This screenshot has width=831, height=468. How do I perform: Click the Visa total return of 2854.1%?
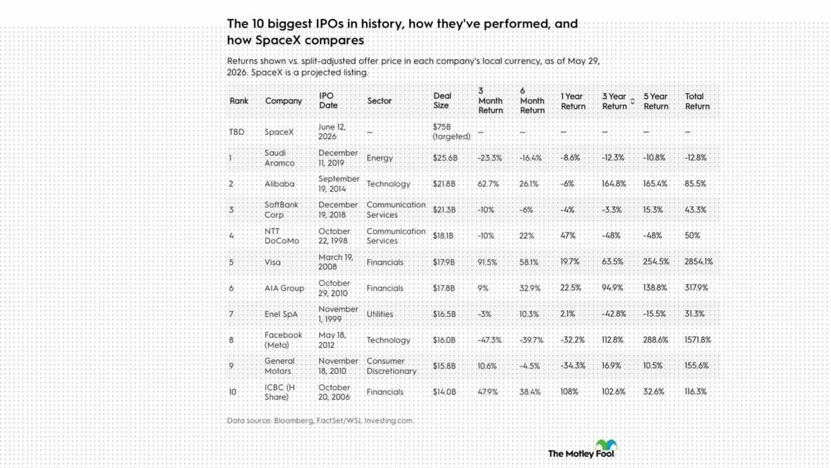[698, 262]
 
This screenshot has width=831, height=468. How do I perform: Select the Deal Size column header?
[442, 101]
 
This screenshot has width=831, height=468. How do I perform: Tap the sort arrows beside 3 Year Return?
[633, 101]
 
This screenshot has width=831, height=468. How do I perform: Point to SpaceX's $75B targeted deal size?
[451, 132]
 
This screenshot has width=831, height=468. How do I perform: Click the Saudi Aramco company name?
[280, 158]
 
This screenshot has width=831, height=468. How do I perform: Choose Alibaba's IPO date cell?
[339, 184]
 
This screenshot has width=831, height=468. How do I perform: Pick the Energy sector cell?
[380, 158]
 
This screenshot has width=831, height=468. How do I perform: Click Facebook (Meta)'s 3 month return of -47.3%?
[489, 340]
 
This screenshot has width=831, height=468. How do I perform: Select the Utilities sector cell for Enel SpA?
[380, 314]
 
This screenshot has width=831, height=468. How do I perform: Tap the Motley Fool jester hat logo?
[606, 444]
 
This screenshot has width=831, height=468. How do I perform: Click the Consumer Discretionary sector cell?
[391, 366]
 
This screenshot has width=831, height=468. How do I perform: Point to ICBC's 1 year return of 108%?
[569, 392]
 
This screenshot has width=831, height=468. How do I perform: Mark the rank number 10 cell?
[232, 392]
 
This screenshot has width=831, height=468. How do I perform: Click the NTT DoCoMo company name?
[281, 235]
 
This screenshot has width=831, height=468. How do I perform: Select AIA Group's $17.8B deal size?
[444, 288]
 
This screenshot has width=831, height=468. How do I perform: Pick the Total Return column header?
[697, 101]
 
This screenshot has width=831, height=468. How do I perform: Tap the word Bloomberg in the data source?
[294, 420]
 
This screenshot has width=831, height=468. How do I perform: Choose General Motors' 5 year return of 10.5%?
[652, 366]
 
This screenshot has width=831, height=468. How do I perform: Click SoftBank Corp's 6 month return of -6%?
[527, 210]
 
